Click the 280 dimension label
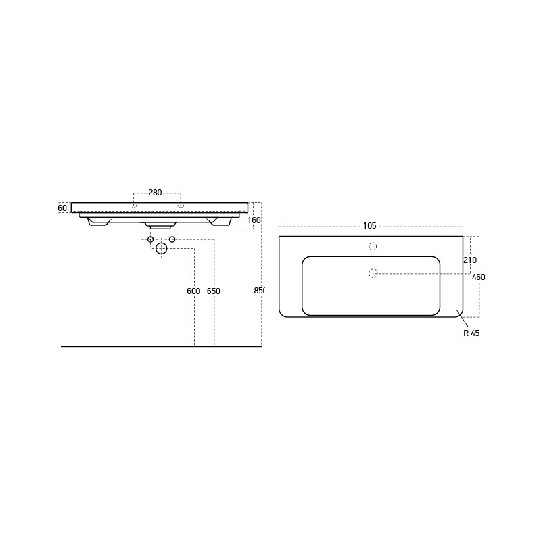coord(155,193)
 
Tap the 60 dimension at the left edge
coord(62,208)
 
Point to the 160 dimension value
coord(254,220)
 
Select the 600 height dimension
coord(193,291)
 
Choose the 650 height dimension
coord(214,291)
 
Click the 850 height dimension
coord(260,291)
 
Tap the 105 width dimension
coord(369,226)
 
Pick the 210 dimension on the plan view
coord(470,260)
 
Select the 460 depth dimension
coord(479,277)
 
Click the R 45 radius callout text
coord(471,333)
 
